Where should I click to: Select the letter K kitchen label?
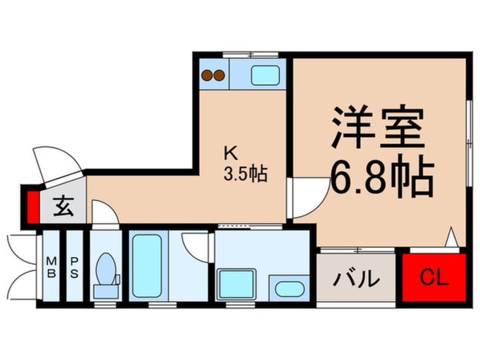[x=230, y=152]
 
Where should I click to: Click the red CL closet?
[x=434, y=278]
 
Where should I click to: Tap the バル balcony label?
[x=356, y=279]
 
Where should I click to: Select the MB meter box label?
[x=51, y=267]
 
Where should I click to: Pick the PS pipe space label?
[x=74, y=267]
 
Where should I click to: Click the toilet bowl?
[x=105, y=271]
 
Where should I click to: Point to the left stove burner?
[x=207, y=74]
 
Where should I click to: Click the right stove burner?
[x=218, y=74]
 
